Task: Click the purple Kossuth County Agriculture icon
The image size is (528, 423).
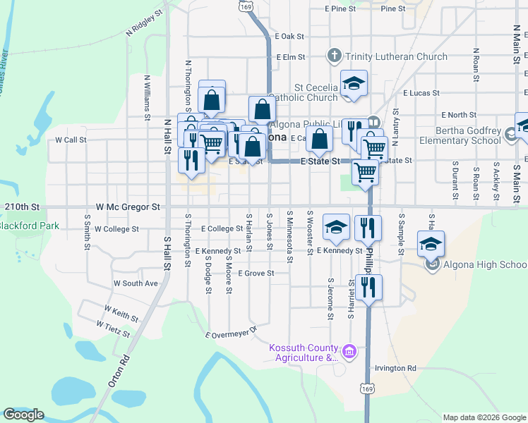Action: click(x=349, y=350)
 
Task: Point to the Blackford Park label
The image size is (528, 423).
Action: click(x=29, y=226)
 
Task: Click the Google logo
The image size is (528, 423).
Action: click(x=23, y=414)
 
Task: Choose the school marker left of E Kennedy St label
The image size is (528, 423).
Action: click(x=336, y=227)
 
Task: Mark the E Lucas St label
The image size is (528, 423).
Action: click(x=421, y=92)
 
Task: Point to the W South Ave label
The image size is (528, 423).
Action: click(x=136, y=283)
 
